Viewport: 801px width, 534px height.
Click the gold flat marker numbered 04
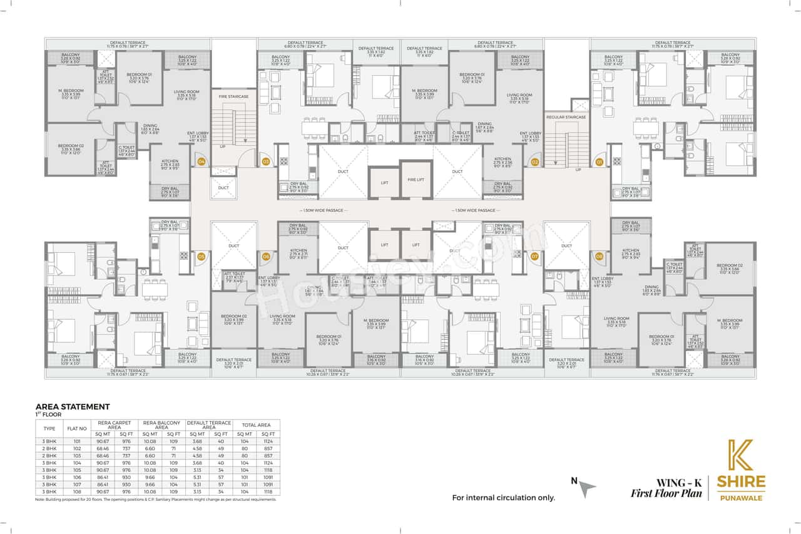click(x=202, y=162)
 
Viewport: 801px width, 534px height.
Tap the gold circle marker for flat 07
click(x=534, y=256)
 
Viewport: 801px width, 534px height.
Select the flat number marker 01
click(x=599, y=162)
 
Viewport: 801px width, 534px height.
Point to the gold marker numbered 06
click(x=266, y=256)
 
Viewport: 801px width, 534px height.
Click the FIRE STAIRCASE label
click(x=234, y=97)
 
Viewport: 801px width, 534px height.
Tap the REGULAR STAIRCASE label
click(x=566, y=117)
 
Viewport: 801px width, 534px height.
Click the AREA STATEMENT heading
click(x=73, y=406)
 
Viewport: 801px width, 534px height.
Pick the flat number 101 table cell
click(x=77, y=441)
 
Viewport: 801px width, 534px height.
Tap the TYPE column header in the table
click(x=49, y=429)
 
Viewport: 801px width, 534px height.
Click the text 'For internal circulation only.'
click(x=504, y=498)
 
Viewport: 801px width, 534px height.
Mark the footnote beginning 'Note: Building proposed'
click(x=157, y=500)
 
